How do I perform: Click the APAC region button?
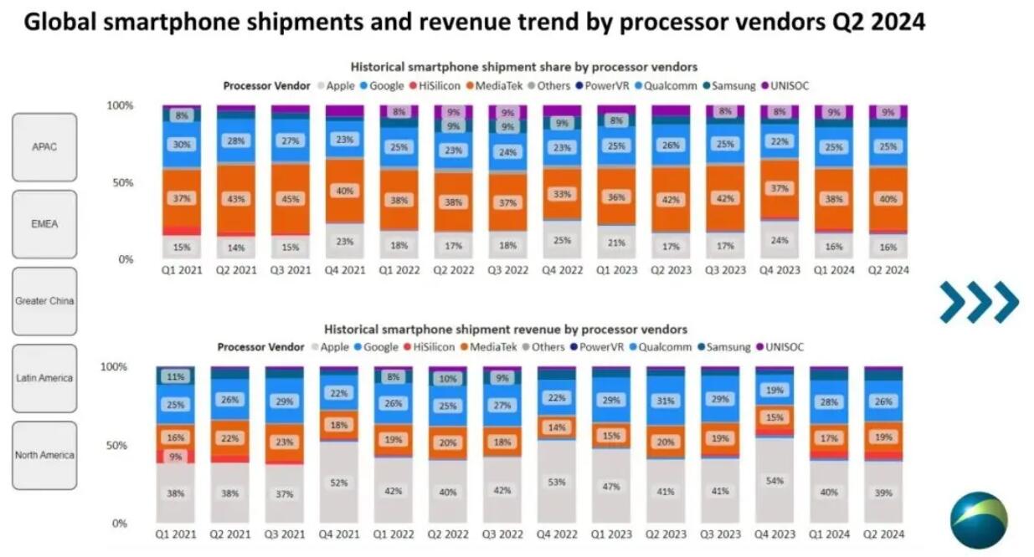tap(44, 147)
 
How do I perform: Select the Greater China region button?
tap(44, 301)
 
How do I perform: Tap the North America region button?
tap(44, 455)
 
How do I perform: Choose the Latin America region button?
tap(44, 378)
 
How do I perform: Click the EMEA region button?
tap(44, 224)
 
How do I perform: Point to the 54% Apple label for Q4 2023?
tap(775, 483)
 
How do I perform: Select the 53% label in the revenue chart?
tap(558, 483)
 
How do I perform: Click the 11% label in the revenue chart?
tap(177, 377)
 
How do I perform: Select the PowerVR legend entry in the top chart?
tap(607, 85)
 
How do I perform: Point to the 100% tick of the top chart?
tap(120, 105)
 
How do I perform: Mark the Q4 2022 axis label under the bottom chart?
tap(558, 534)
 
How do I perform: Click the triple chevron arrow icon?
tap(978, 302)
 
